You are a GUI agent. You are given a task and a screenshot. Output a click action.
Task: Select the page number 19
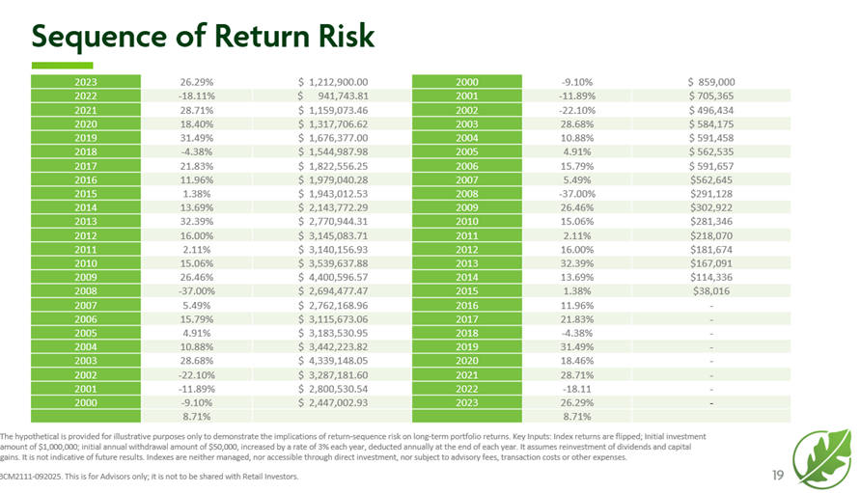point(777,474)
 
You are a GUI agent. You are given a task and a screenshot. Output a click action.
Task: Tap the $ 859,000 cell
point(711,82)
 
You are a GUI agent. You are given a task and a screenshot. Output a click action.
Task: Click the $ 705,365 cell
point(711,96)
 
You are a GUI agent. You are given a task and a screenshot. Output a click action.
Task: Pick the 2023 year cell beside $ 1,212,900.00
point(86,82)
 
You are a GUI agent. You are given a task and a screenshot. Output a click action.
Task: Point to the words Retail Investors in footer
point(269,477)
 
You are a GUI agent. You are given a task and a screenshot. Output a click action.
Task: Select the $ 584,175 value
point(711,125)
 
